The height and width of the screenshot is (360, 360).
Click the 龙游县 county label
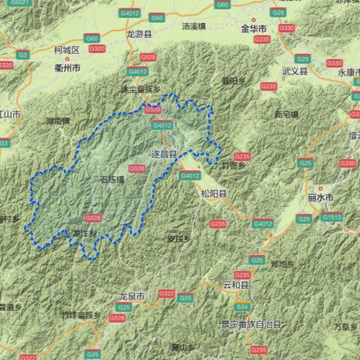pyautogui.click(x=139, y=34)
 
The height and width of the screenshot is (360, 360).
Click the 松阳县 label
pyautogui.click(x=213, y=193)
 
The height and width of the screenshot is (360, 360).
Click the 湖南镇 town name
pyautogui.click(x=58, y=120)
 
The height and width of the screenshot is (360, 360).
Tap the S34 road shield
pyautogui.click(x=241, y=307)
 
